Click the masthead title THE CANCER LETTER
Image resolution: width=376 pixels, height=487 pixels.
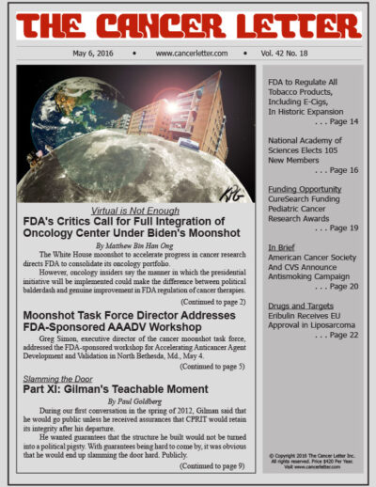tap(187, 24)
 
